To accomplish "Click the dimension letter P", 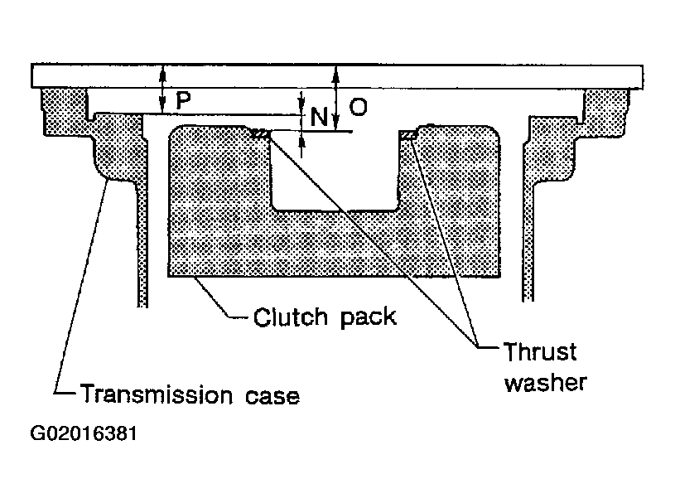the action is click(183, 100).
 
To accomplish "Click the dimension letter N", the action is click(319, 117).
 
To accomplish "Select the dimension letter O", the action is click(358, 107).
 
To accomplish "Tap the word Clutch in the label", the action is click(291, 317).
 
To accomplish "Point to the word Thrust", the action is click(540, 352).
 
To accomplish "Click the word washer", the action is click(546, 382).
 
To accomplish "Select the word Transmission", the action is click(157, 394).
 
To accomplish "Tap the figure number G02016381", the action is click(84, 433).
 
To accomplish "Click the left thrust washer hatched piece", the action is click(260, 134).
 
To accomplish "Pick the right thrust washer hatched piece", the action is click(407, 135).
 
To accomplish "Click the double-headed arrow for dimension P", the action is click(162, 90).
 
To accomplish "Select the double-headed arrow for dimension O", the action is click(336, 99).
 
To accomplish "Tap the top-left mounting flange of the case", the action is click(65, 110).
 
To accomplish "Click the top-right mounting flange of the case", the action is click(604, 111).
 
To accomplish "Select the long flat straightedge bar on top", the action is click(337, 76).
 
